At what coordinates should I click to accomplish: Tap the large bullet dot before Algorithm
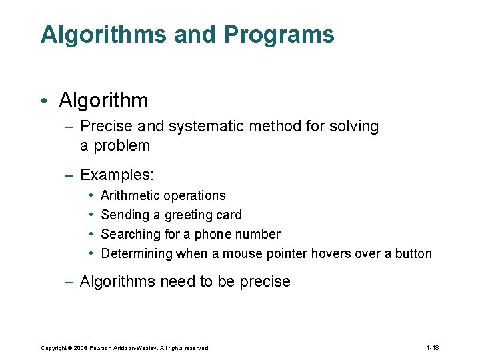(43, 101)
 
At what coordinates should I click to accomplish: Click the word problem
(122, 145)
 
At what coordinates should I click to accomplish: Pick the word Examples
(117, 175)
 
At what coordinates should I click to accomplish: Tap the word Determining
(137, 253)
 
